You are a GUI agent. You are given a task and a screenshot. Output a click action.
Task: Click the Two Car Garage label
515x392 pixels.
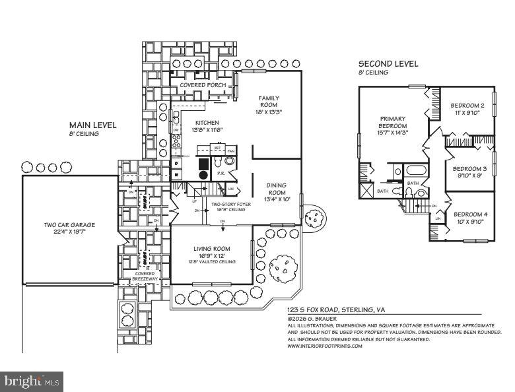65,225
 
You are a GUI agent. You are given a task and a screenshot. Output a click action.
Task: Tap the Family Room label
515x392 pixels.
269,102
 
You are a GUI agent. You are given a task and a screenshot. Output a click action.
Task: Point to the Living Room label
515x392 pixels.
211,249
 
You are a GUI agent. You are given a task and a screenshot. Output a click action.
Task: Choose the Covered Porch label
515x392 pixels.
203,86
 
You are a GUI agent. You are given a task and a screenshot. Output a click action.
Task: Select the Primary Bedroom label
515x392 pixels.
392,123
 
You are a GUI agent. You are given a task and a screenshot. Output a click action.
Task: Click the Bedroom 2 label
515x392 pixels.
467,106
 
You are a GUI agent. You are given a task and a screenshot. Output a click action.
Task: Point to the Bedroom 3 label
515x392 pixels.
469,168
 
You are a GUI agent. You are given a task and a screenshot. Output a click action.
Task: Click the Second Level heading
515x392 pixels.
388,64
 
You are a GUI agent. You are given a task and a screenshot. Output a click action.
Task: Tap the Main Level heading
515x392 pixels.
93,125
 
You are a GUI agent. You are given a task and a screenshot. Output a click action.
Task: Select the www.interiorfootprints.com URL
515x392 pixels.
324,346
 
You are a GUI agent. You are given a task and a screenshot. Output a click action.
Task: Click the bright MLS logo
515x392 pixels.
32,381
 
